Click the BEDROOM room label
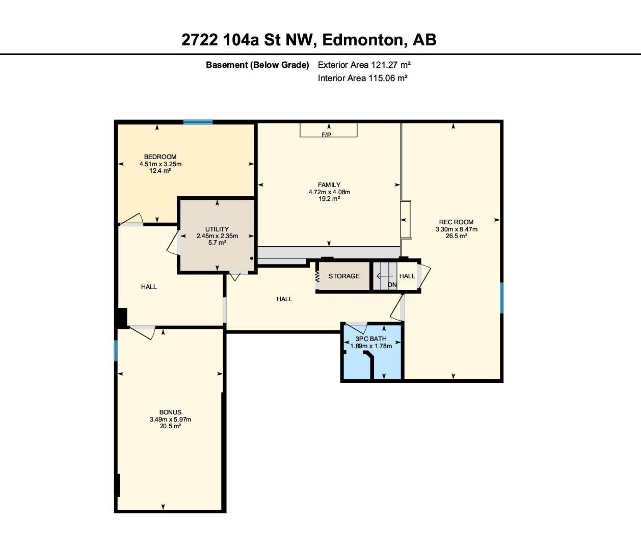click(x=160, y=156)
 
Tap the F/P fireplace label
click(x=326, y=135)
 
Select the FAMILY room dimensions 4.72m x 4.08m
click(x=329, y=192)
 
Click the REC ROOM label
click(x=456, y=222)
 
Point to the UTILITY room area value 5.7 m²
click(x=217, y=243)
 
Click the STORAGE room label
click(x=344, y=276)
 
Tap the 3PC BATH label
click(x=371, y=338)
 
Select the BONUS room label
click(x=170, y=412)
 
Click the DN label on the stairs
click(x=392, y=284)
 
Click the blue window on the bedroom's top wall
click(x=198, y=122)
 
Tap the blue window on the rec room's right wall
click(x=501, y=298)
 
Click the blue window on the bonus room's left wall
click(x=116, y=351)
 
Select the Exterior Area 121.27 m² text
click(x=364, y=65)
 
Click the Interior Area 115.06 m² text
click(x=362, y=78)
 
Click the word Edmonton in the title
click(x=364, y=40)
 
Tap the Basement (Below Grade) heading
click(x=257, y=65)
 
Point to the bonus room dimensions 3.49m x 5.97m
click(x=170, y=419)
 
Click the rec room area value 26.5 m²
click(x=456, y=236)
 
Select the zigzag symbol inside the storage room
click(x=317, y=276)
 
